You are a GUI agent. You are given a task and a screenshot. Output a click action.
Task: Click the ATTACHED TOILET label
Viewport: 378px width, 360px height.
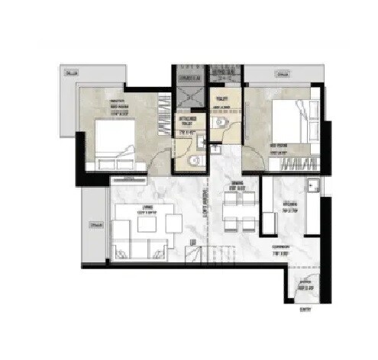[186, 124]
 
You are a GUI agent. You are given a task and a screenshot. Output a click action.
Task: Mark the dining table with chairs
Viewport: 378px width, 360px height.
[238, 210]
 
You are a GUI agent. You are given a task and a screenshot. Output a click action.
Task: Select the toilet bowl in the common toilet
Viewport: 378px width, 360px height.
[219, 124]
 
